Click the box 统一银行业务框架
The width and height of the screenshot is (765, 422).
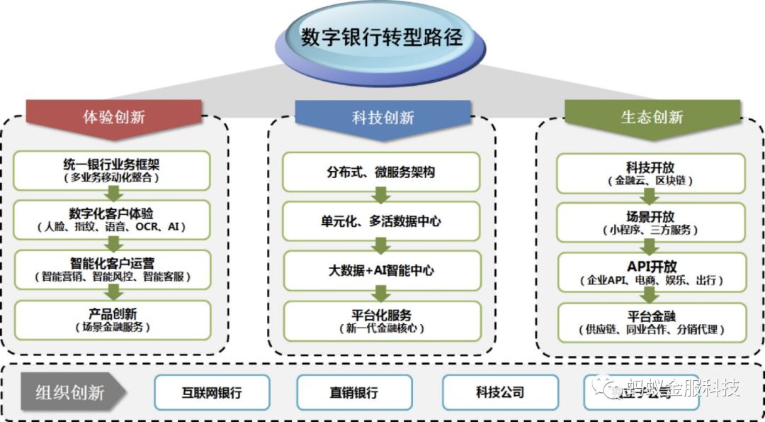click(113, 170)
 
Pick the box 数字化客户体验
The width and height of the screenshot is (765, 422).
click(113, 220)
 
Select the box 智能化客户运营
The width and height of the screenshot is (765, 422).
click(113, 270)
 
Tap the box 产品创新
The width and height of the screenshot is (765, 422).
click(113, 319)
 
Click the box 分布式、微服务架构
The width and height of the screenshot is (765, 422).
click(382, 172)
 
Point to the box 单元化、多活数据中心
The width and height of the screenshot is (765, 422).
click(382, 221)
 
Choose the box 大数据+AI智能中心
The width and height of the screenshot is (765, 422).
click(382, 270)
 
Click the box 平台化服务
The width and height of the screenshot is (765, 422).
click(382, 321)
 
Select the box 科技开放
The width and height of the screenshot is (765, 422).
click(651, 173)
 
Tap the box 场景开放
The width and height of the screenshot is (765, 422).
click(651, 223)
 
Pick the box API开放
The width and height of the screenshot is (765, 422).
click(651, 272)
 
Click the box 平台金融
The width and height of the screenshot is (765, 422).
click(651, 322)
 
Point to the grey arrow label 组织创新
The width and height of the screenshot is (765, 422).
click(71, 392)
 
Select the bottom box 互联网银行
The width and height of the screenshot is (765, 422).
click(212, 392)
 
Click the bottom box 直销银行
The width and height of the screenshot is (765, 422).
click(353, 392)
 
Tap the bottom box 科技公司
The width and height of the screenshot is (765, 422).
click(499, 392)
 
